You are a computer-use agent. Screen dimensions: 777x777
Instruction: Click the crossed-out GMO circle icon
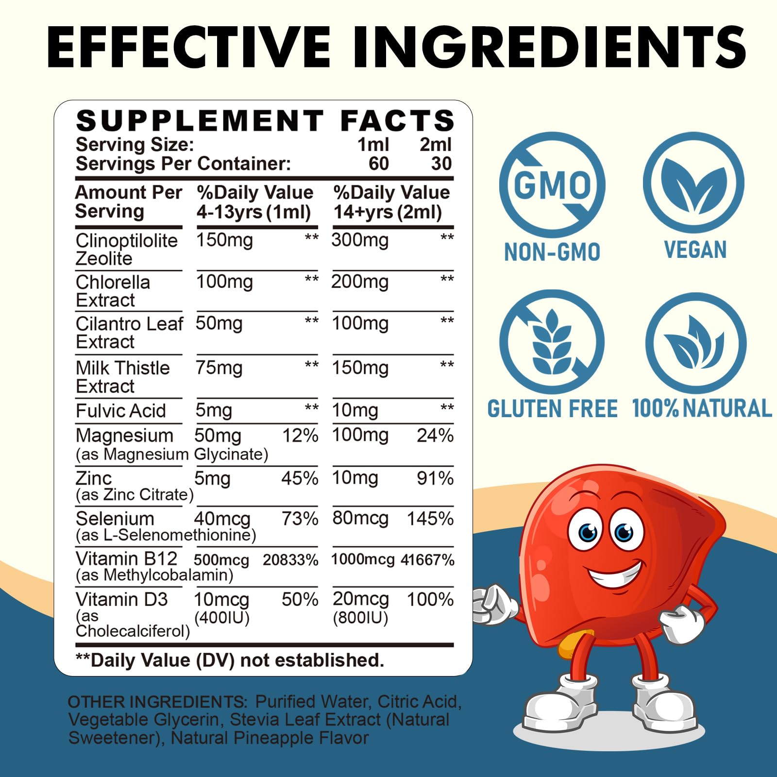[552, 185]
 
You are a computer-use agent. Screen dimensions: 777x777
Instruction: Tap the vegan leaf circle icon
[693, 183]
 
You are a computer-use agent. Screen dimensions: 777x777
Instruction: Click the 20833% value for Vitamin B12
[290, 560]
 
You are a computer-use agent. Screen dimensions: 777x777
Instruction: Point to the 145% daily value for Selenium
[430, 519]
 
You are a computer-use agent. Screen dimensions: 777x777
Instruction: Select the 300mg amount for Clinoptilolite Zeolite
[360, 240]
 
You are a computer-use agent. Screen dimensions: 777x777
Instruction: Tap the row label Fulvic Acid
[121, 411]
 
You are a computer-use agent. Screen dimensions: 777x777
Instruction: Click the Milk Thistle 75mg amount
[219, 368]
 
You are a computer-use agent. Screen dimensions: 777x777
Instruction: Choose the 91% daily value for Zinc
[435, 478]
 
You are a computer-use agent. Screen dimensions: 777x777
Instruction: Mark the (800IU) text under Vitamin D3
[360, 618]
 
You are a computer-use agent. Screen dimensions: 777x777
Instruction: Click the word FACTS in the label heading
[397, 120]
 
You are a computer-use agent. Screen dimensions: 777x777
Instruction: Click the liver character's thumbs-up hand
[490, 605]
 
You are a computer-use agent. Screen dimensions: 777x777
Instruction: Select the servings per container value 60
[378, 164]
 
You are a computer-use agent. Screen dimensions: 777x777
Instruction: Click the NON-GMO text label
[552, 252]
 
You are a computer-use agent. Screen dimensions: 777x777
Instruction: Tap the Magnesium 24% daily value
[435, 436]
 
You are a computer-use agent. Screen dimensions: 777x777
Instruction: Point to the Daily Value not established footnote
[230, 660]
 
